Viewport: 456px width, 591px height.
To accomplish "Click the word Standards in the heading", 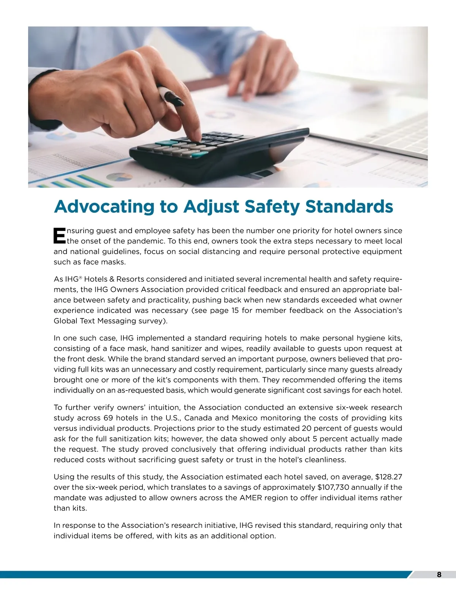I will [x=349, y=207].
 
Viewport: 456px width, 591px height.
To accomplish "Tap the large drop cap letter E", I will [x=60, y=236].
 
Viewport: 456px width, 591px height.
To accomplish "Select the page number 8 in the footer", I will [x=439, y=575].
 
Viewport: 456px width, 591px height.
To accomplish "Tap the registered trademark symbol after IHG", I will [x=80, y=277].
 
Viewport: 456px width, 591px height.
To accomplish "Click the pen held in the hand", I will [x=171, y=95].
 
